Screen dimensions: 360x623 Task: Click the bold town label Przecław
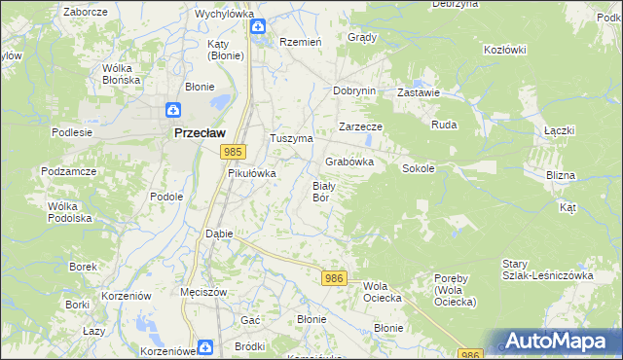(199, 133)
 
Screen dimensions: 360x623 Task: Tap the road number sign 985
(232, 152)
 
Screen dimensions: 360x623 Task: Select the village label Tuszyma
(291, 139)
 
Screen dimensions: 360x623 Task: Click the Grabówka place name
(349, 162)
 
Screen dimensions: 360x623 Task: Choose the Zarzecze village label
(360, 127)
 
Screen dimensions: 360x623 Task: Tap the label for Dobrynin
(353, 90)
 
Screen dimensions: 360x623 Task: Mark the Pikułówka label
(252, 173)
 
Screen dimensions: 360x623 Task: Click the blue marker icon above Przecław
(172, 111)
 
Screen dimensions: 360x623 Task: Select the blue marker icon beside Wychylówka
(257, 28)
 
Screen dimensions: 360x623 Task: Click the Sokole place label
(418, 168)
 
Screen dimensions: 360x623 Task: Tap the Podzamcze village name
(67, 170)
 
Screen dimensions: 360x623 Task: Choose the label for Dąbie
(218, 234)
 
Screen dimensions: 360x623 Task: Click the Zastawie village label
(420, 92)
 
